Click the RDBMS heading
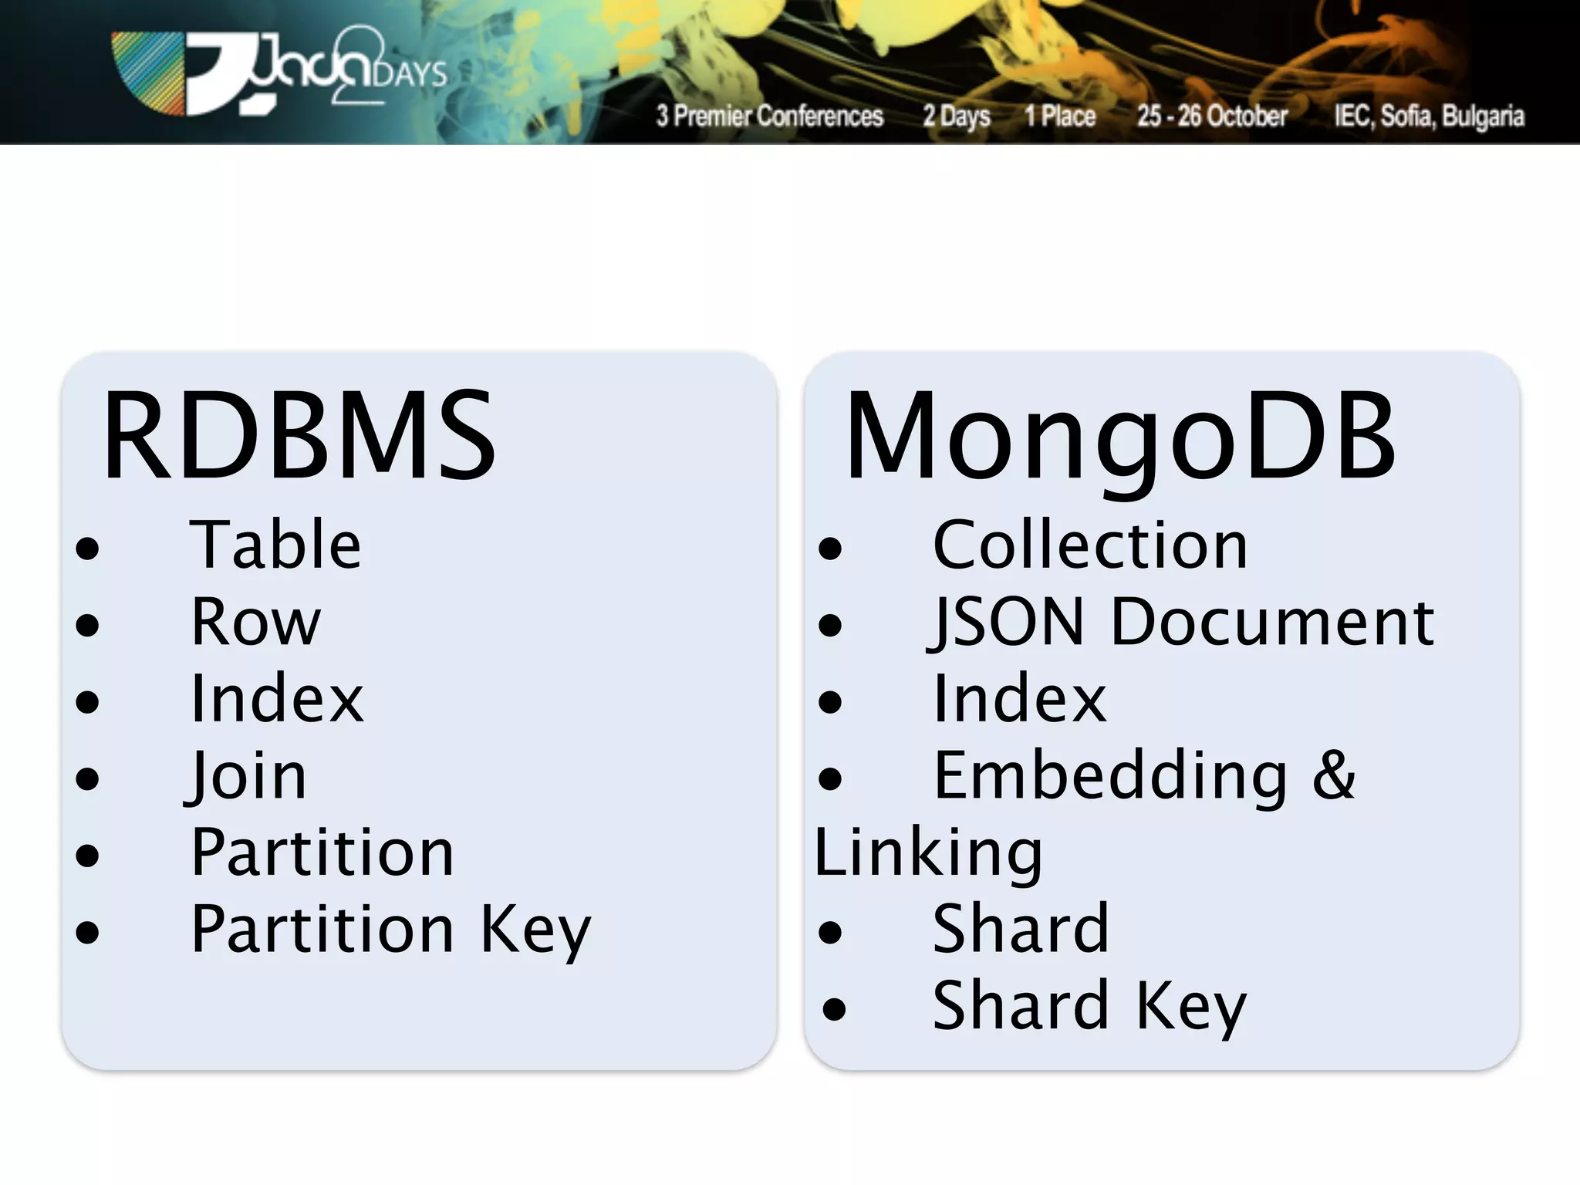(x=299, y=436)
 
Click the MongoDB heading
(x=1119, y=436)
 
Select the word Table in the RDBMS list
(x=275, y=545)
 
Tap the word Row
(x=255, y=622)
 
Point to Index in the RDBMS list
(x=277, y=698)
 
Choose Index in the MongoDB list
(x=1019, y=698)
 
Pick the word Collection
(x=1089, y=545)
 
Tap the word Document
(x=1272, y=622)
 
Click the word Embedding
(x=1110, y=775)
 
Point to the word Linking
(x=928, y=852)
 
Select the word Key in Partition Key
(x=535, y=930)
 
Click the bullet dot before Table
(x=88, y=549)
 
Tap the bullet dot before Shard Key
(x=833, y=1009)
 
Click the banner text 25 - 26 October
(x=1212, y=116)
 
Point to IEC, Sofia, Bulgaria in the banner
(x=1429, y=116)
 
